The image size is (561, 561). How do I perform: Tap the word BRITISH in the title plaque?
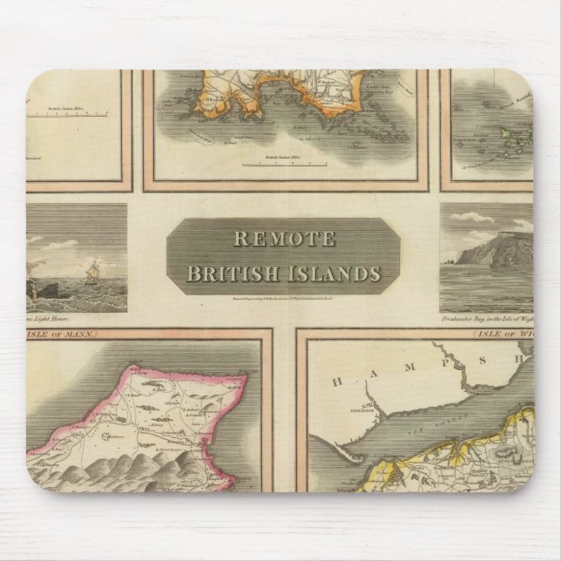pyautogui.click(x=233, y=273)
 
